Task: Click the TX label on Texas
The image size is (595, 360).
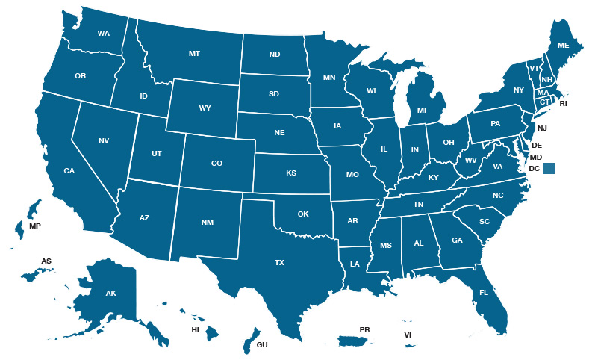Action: (280, 262)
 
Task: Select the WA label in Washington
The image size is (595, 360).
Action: (103, 34)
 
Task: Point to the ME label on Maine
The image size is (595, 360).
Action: (563, 46)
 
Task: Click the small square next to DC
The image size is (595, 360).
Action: (549, 169)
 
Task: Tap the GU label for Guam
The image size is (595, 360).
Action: (262, 345)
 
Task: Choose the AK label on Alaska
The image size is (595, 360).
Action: (110, 294)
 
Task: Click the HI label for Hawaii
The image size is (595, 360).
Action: (195, 329)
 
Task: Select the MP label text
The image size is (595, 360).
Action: (35, 226)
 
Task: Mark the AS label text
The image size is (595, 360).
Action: (46, 261)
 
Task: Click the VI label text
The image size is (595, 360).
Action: (408, 335)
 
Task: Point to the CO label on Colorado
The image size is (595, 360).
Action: (216, 163)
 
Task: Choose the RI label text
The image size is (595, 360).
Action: (564, 104)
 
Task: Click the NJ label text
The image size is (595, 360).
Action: (542, 128)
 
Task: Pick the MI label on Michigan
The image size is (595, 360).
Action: (422, 111)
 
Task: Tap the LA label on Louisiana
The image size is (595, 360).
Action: (355, 264)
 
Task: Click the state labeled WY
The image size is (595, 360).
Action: (205, 108)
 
